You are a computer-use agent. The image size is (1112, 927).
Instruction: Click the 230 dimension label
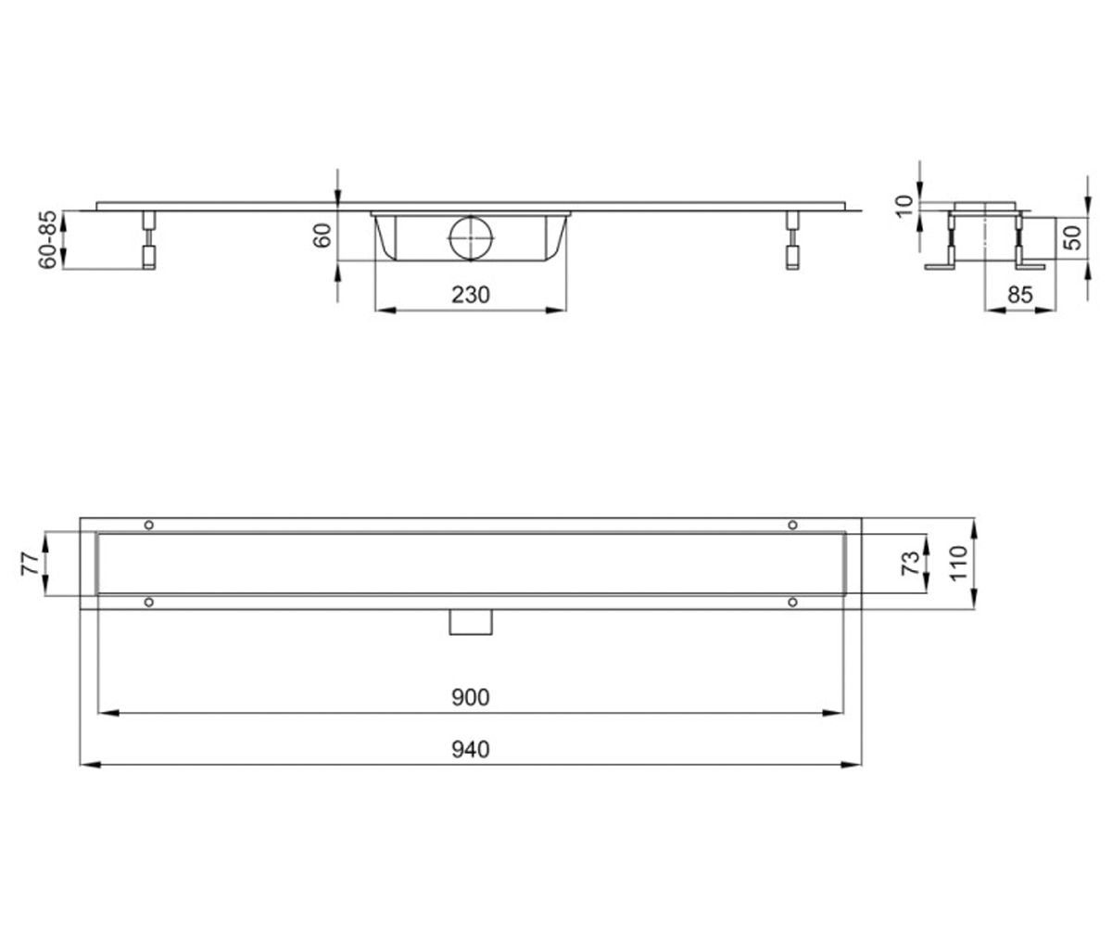click(470, 295)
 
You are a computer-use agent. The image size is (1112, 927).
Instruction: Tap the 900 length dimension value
click(470, 697)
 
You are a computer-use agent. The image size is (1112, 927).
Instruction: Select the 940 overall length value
click(470, 750)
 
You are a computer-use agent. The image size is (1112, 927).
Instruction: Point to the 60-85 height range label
click(48, 240)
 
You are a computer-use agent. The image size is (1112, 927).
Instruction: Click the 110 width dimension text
click(958, 563)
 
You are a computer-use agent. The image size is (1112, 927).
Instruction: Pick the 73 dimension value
click(910, 563)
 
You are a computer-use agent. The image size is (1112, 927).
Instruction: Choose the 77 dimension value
click(30, 564)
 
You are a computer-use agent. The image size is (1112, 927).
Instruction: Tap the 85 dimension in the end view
click(1020, 295)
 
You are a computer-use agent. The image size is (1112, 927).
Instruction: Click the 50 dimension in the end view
click(1073, 237)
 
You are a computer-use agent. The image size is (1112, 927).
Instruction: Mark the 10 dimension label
click(904, 206)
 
